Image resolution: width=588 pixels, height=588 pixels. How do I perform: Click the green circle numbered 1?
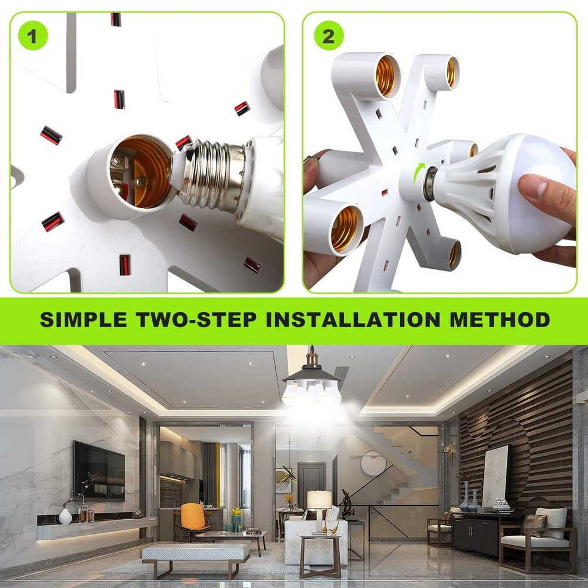point(32,36)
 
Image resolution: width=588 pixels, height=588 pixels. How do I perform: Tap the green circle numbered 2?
point(328,36)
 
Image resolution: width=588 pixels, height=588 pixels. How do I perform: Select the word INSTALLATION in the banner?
point(352,319)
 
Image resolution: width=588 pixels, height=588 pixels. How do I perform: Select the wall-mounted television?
point(99,470)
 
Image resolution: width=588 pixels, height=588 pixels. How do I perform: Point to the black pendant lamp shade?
point(312,373)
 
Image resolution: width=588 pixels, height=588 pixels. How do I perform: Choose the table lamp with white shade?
point(320,506)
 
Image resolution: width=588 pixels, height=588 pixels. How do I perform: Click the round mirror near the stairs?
point(373,463)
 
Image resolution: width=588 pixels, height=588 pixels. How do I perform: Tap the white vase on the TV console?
point(65,516)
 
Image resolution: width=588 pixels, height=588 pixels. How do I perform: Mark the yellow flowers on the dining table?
point(236,512)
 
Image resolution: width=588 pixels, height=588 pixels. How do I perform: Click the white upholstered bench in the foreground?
point(196,553)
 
